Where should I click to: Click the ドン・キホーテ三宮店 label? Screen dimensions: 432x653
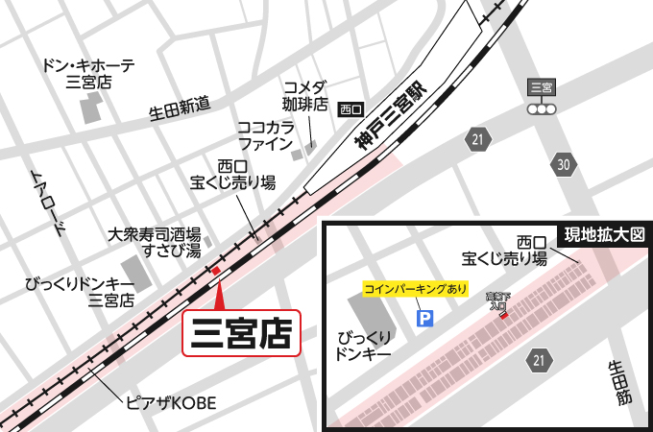[x=88, y=74]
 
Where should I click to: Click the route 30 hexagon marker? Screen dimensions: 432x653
[x=564, y=165]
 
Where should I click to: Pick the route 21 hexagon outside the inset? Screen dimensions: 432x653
[x=477, y=140]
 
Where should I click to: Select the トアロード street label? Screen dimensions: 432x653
[x=50, y=203]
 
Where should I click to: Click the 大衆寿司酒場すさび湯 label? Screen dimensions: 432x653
[x=154, y=242]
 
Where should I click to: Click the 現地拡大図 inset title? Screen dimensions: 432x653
[x=604, y=234]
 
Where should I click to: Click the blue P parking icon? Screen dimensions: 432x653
[x=423, y=317]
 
